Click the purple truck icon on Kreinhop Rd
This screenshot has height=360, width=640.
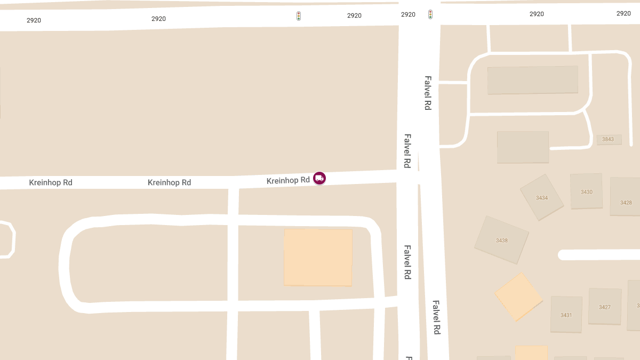[x=319, y=178]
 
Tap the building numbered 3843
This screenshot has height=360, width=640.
[x=608, y=139]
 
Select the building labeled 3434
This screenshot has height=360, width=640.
[x=542, y=198]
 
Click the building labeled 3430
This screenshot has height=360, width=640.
[x=587, y=191]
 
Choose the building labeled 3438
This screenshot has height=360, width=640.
[x=502, y=240]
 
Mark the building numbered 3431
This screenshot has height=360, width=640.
[x=566, y=315]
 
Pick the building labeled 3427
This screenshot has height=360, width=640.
[x=605, y=307]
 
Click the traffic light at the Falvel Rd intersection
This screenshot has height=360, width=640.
[x=430, y=14]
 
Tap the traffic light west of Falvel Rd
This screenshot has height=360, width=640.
[x=299, y=16]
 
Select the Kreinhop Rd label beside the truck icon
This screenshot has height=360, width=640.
[x=288, y=180]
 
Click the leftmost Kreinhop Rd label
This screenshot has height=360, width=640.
[x=51, y=182]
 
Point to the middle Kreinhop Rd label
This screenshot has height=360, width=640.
[x=169, y=182]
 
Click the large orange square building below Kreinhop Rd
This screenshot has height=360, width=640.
[x=318, y=257]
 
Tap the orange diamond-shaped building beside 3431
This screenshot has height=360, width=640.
[x=518, y=297]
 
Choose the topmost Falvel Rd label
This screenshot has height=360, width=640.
[x=428, y=93]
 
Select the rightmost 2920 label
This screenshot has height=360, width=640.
[x=623, y=13]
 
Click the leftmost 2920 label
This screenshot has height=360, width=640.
[x=34, y=20]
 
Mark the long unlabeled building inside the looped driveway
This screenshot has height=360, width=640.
[x=532, y=80]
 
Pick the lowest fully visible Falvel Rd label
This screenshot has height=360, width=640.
[x=436, y=318]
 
